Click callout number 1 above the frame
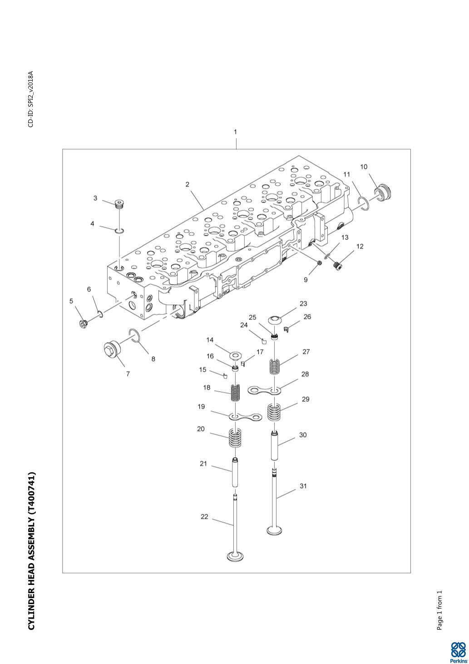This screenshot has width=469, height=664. coord(235,132)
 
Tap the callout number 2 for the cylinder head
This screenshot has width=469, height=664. coord(187,185)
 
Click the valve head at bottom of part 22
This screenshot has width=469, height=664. coord(235,556)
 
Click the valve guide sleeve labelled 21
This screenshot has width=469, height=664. coord(235,473)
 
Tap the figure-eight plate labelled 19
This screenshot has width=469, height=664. coord(245,417)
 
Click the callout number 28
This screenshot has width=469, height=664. coord(305,374)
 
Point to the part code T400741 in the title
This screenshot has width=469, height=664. coord(31,495)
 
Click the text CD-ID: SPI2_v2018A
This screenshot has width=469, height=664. coord(31,99)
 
